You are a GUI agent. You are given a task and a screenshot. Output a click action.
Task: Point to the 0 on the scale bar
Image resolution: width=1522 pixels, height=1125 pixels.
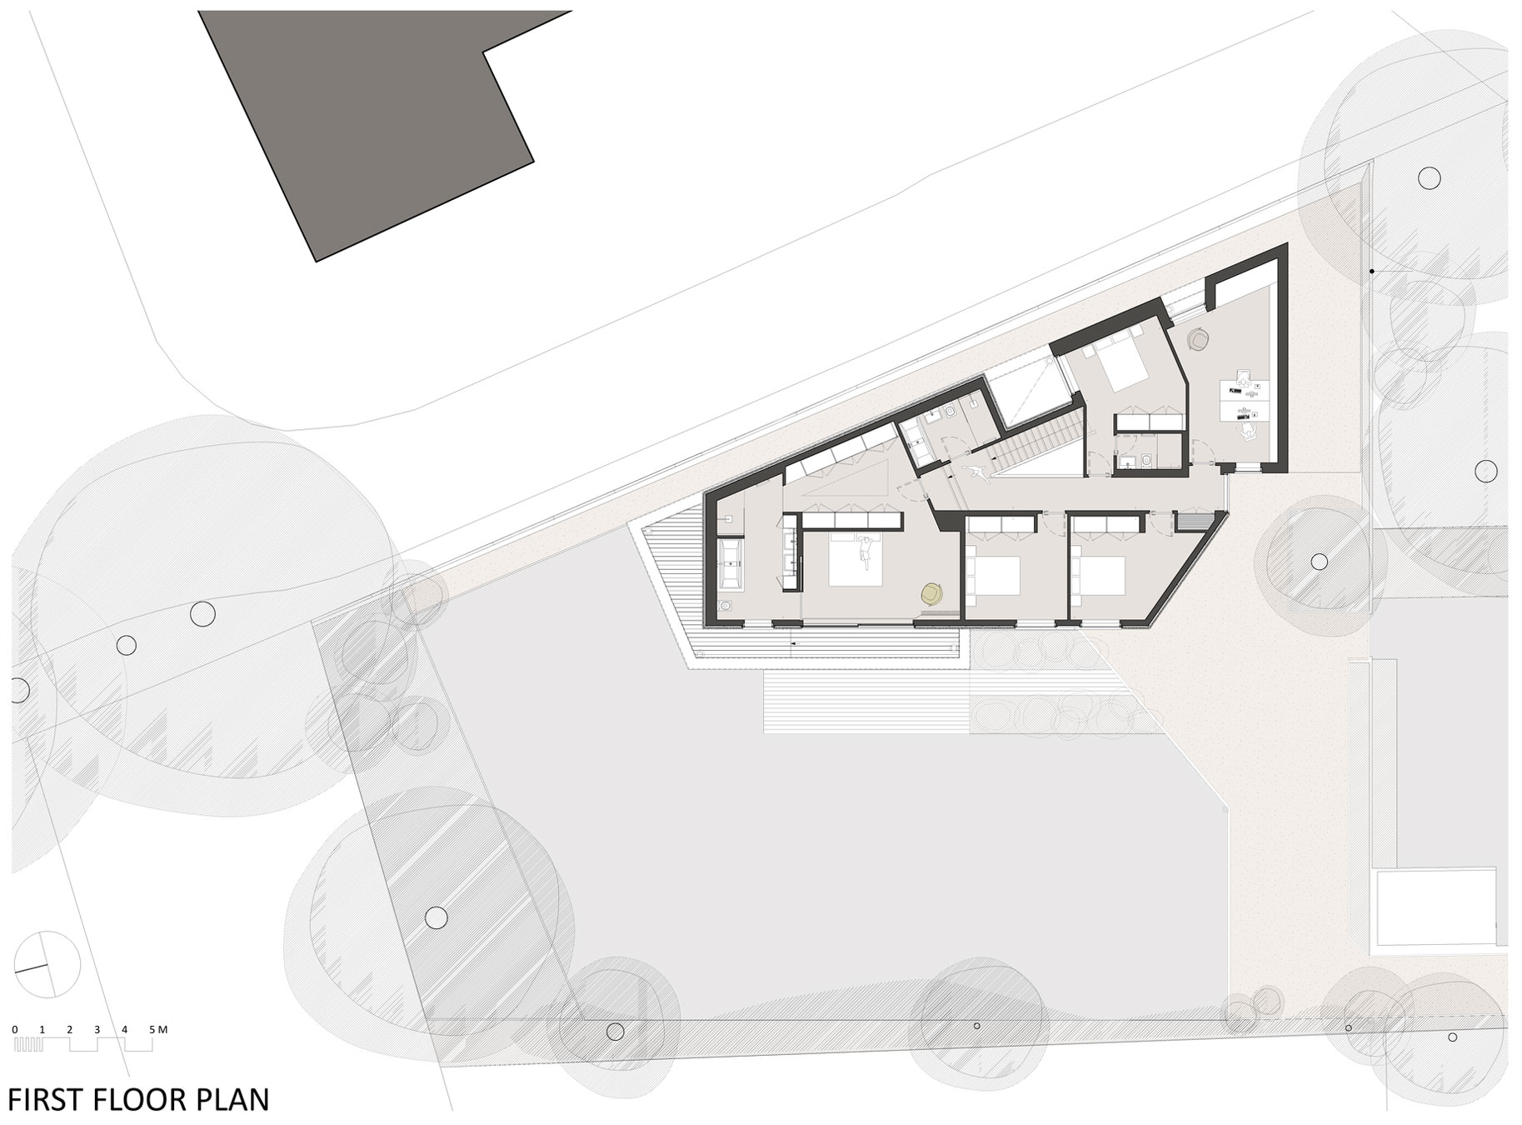click(15, 1029)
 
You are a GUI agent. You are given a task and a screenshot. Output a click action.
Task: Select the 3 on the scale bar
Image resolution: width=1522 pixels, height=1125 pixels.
click(97, 1029)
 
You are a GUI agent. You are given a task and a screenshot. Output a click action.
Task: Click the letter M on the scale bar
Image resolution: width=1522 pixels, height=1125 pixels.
click(163, 1029)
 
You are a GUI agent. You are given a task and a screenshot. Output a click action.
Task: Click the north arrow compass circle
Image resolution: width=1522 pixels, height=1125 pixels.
click(47, 963)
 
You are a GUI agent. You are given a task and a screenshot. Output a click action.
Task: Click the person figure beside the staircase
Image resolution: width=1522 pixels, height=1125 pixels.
click(975, 473)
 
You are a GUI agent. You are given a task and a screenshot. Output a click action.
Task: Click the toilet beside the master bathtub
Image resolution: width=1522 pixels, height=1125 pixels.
click(726, 606)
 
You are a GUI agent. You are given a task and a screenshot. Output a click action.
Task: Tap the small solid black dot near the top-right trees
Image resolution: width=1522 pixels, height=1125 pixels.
click(1371, 271)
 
